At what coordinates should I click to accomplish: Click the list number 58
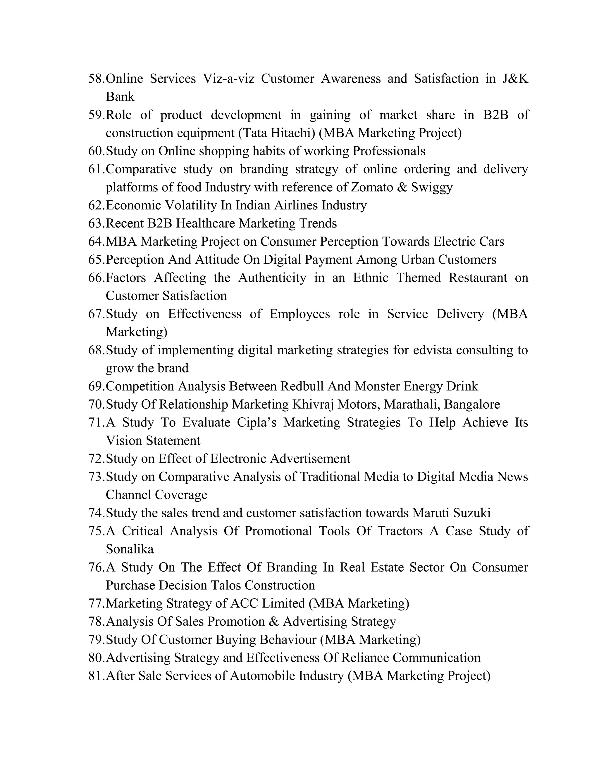click(96, 79)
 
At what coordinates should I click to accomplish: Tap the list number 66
click(96, 277)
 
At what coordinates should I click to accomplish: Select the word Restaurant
click(478, 277)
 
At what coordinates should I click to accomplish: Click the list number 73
click(96, 477)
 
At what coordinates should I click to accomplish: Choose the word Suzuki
click(472, 513)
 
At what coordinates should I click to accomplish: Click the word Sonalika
click(130, 549)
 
